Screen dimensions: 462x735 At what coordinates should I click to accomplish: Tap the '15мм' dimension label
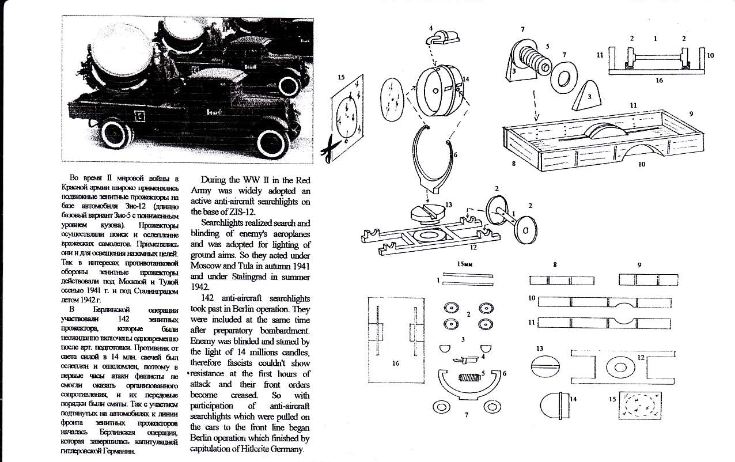click(x=465, y=264)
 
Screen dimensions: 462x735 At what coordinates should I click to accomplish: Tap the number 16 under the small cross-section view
click(x=659, y=81)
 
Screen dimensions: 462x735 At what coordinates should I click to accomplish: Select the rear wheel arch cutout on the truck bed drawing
click(x=642, y=152)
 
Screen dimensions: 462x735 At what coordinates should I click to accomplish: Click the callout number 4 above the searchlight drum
click(x=430, y=28)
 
